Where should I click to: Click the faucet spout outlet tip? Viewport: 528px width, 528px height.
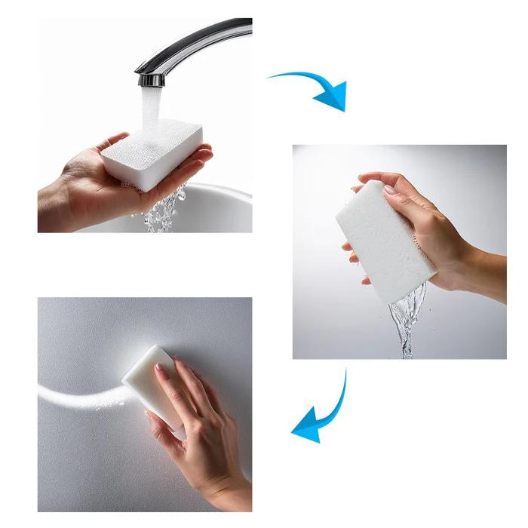[152, 79]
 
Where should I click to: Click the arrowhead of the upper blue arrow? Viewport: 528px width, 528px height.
[332, 95]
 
